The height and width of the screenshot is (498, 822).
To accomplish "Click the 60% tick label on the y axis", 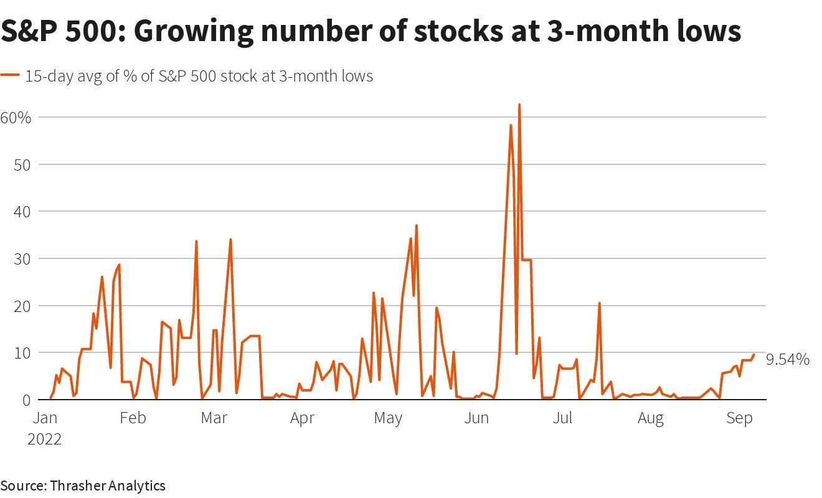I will (x=16, y=117).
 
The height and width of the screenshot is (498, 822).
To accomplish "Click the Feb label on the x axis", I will (x=133, y=418).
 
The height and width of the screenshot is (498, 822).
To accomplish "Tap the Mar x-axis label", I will (x=214, y=418).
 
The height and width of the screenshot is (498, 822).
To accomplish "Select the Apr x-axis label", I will (x=302, y=418).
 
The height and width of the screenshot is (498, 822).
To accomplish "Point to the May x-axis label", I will (x=388, y=418).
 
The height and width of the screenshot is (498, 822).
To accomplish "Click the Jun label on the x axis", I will (x=476, y=418).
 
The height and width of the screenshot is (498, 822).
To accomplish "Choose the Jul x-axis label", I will (x=562, y=418).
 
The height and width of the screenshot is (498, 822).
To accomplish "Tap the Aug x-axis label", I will (x=651, y=418).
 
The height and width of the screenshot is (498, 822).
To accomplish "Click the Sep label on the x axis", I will (x=739, y=418).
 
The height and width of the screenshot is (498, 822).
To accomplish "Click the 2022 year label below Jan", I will (x=44, y=439).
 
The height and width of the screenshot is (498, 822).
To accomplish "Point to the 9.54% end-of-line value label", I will (x=787, y=359).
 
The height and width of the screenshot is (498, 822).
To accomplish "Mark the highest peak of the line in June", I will (x=519, y=105).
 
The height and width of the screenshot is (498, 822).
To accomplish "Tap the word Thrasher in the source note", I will (x=78, y=486).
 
